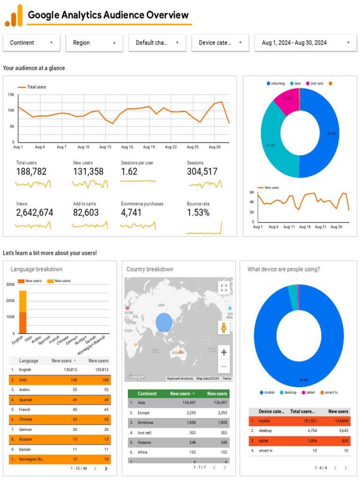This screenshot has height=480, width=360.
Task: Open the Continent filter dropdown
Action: (x=31, y=43)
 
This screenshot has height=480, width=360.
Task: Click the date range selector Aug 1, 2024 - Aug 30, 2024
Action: (x=305, y=43)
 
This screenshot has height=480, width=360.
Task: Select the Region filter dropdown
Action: (x=94, y=43)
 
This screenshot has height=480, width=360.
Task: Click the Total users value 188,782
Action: (x=31, y=172)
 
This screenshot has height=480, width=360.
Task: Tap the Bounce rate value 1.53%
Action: (x=198, y=213)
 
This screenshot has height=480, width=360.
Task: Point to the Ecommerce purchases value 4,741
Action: (x=132, y=213)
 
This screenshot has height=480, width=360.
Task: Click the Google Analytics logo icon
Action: (x=14, y=15)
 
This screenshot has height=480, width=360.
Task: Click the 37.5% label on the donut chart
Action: (x=270, y=146)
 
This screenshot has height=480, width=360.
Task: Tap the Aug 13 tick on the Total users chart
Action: (x=105, y=147)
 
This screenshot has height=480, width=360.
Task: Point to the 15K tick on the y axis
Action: (x=11, y=95)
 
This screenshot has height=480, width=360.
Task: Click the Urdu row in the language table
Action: (x=60, y=380)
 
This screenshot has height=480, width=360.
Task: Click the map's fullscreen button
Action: (x=224, y=288)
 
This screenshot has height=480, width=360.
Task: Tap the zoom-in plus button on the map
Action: (x=224, y=352)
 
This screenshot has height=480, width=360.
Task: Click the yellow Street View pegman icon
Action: (x=224, y=327)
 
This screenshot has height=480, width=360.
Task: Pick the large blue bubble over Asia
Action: (x=164, y=322)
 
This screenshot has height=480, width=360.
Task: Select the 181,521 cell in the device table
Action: (x=305, y=421)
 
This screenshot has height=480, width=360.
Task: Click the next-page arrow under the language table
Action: (x=106, y=468)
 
